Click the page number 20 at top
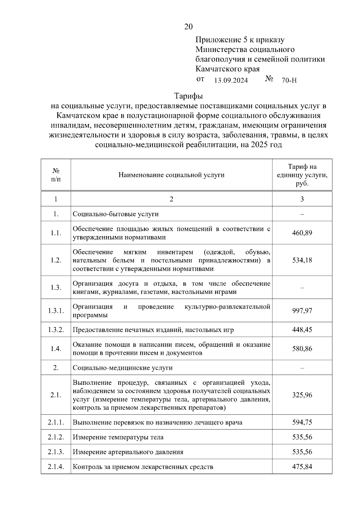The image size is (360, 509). [188, 27]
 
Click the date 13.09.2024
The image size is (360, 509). [231, 80]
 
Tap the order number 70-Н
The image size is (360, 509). [289, 80]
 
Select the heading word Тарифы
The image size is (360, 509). [188, 96]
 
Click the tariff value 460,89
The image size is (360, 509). [302, 233]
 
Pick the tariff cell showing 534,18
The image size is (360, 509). [302, 260]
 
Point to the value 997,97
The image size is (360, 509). [302, 310]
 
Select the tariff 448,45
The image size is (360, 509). [302, 330]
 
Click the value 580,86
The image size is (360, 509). [302, 349]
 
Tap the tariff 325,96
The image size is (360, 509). [302, 395]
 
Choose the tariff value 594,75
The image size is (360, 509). [302, 422]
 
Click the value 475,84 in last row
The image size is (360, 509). [302, 467]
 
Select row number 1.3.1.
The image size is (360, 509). [56, 310]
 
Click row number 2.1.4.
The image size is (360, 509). [56, 467]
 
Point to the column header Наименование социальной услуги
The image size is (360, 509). [171, 175]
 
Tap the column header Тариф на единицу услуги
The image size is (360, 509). [302, 175]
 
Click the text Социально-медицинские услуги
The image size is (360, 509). [123, 368]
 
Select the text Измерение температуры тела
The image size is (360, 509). [118, 437]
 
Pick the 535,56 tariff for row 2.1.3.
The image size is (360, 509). [302, 452]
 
